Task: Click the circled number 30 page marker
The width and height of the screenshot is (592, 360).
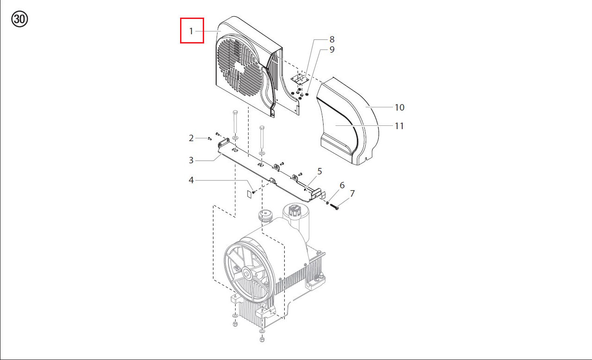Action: tap(19, 19)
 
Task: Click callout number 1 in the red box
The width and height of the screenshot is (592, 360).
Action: tap(191, 31)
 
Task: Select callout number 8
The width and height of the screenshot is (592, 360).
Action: tap(332, 39)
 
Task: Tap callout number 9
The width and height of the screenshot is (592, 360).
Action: tap(332, 50)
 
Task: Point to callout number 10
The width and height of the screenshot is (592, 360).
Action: tap(399, 107)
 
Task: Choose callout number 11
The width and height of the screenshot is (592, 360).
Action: tap(399, 126)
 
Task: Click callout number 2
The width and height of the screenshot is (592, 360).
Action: tap(191, 138)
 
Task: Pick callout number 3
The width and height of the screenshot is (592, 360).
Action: tap(191, 160)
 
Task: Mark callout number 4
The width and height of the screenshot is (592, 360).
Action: tap(191, 180)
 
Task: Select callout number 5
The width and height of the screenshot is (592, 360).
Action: tap(319, 171)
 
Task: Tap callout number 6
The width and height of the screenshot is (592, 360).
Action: tap(342, 186)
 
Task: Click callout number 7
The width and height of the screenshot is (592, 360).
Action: tap(352, 193)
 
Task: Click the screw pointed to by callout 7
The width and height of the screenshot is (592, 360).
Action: tap(334, 207)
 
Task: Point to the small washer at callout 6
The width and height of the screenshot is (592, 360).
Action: tap(327, 203)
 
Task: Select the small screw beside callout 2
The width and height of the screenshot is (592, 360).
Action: tap(210, 138)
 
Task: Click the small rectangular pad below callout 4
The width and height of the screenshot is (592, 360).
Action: tap(249, 194)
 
